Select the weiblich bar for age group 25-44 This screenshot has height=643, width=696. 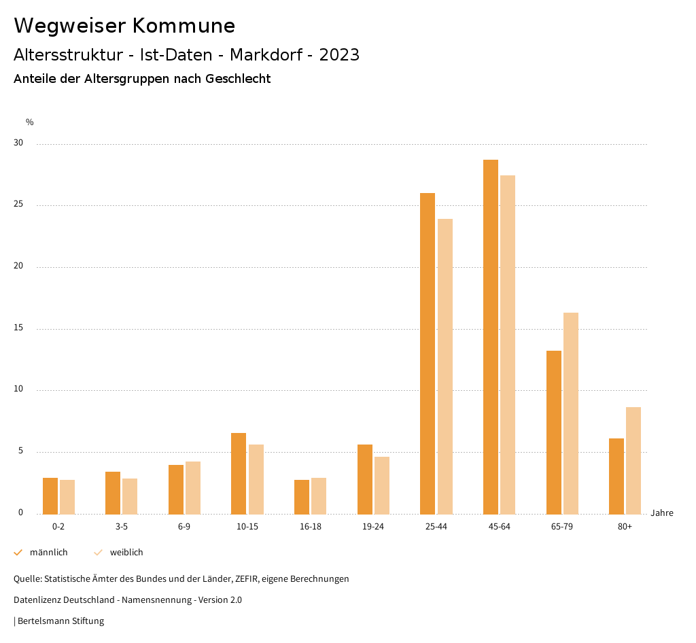[445, 366]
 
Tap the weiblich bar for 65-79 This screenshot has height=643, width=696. [571, 413]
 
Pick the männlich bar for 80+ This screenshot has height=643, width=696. [616, 476]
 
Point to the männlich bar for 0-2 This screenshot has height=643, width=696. [50, 496]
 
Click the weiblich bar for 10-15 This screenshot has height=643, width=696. [256, 479]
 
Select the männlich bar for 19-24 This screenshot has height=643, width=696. [365, 479]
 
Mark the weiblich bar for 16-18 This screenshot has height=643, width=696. [319, 496]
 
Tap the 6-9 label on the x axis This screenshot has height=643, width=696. [184, 527]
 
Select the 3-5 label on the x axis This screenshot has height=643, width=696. [122, 527]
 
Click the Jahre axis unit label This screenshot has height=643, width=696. [662, 513]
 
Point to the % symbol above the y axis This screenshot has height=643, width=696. [30, 122]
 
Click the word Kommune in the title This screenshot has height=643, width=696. [184, 26]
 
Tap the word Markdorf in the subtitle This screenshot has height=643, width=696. [266, 55]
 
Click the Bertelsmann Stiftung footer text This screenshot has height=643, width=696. [60, 621]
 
